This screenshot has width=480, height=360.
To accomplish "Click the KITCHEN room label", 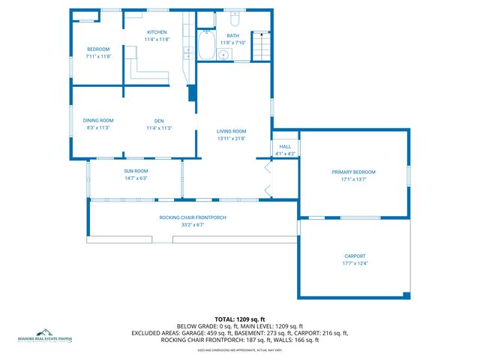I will click(x=157, y=32).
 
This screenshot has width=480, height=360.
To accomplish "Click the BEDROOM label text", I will click(x=98, y=49).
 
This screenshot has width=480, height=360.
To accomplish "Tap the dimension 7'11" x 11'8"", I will click(x=98, y=56).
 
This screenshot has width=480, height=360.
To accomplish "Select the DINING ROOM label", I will click(x=98, y=121).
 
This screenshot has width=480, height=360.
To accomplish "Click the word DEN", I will click(x=159, y=121).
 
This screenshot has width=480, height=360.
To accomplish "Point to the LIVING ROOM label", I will click(x=231, y=131).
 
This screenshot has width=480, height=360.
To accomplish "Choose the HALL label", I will click(x=285, y=147).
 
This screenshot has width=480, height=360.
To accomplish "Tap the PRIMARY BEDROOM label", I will click(x=353, y=172).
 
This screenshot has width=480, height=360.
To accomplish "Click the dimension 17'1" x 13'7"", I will click(x=353, y=179).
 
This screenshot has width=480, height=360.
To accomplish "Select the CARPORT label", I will click(x=355, y=256).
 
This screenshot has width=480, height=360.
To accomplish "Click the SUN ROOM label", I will click(x=136, y=171).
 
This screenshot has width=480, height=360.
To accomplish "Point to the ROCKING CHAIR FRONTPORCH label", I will click(x=193, y=217).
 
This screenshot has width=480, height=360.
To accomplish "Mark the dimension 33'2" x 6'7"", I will click(x=193, y=225).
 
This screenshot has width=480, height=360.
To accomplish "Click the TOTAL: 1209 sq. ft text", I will click(x=240, y=319).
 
